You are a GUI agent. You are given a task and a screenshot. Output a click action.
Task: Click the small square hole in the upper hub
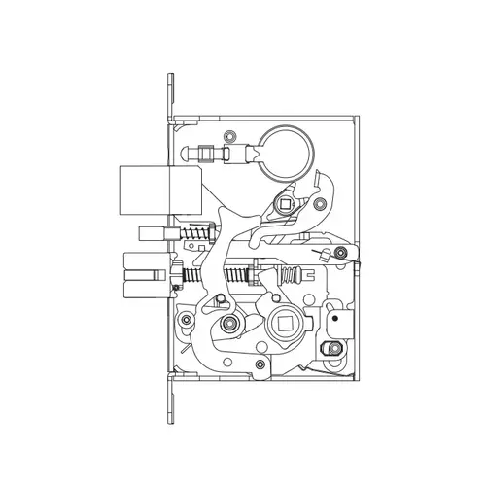click(285, 205)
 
